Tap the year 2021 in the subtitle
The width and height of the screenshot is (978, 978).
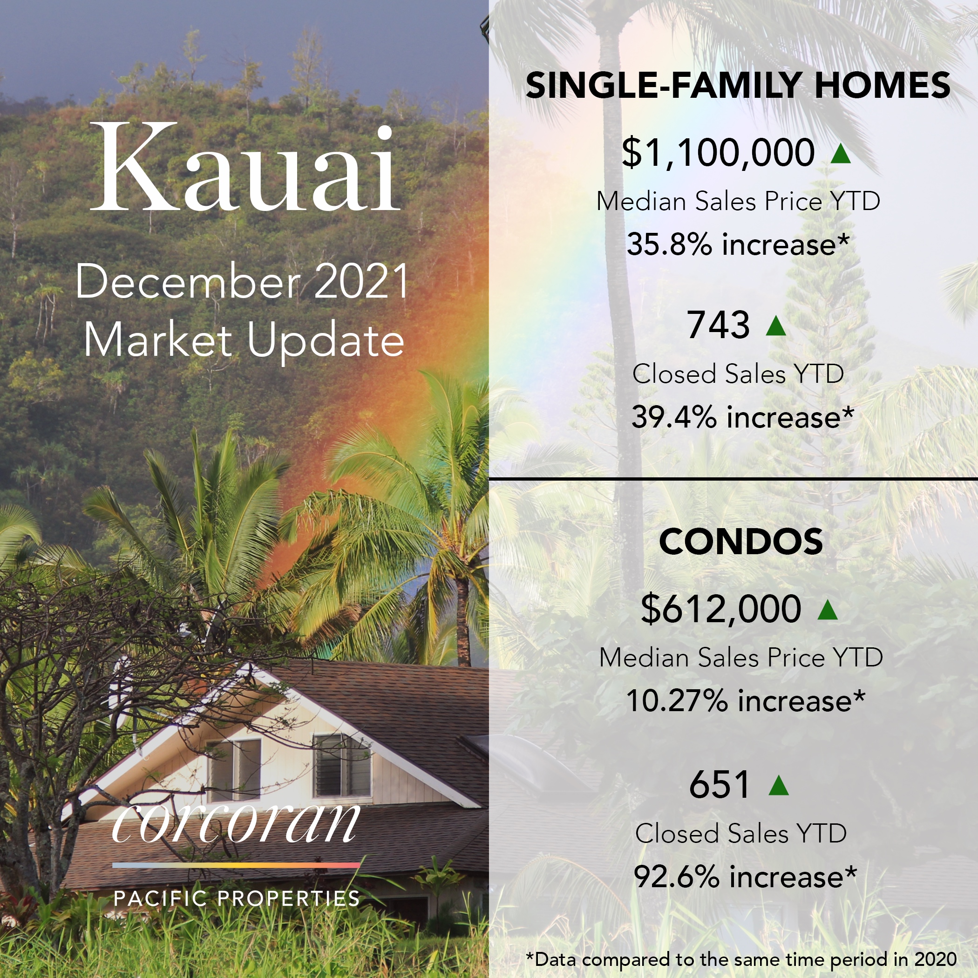(361, 281)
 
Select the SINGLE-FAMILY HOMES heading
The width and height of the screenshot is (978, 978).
(738, 85)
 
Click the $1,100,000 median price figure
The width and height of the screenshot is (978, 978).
(718, 152)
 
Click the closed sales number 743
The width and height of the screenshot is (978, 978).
(718, 325)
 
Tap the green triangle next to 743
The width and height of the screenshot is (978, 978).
(776, 326)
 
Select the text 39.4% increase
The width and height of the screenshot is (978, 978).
(742, 417)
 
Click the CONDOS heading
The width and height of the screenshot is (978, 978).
(740, 541)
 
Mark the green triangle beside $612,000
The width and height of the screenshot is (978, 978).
(828, 610)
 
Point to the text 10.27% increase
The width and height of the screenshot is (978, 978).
(745, 700)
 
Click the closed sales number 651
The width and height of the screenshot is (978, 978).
(719, 785)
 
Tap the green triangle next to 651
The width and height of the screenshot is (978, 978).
(779, 786)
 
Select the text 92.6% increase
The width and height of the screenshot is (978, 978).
(745, 877)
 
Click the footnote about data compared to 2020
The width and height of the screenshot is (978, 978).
(741, 959)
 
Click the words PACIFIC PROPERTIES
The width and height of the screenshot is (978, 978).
(237, 898)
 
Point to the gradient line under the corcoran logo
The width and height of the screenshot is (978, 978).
(236, 866)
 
